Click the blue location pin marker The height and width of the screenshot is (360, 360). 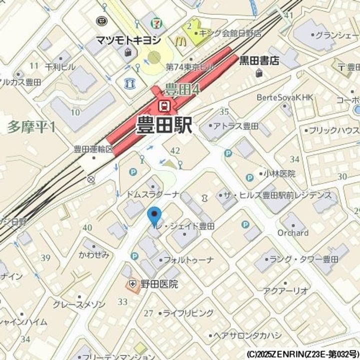[x=155, y=215]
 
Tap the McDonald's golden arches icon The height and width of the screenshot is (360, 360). [x=180, y=40]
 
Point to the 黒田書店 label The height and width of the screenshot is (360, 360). [x=258, y=60]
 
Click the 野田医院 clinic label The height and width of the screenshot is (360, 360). [x=158, y=284]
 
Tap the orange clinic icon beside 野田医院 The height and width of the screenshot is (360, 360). [x=132, y=284]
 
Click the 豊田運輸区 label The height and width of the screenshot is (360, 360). [x=93, y=149]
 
